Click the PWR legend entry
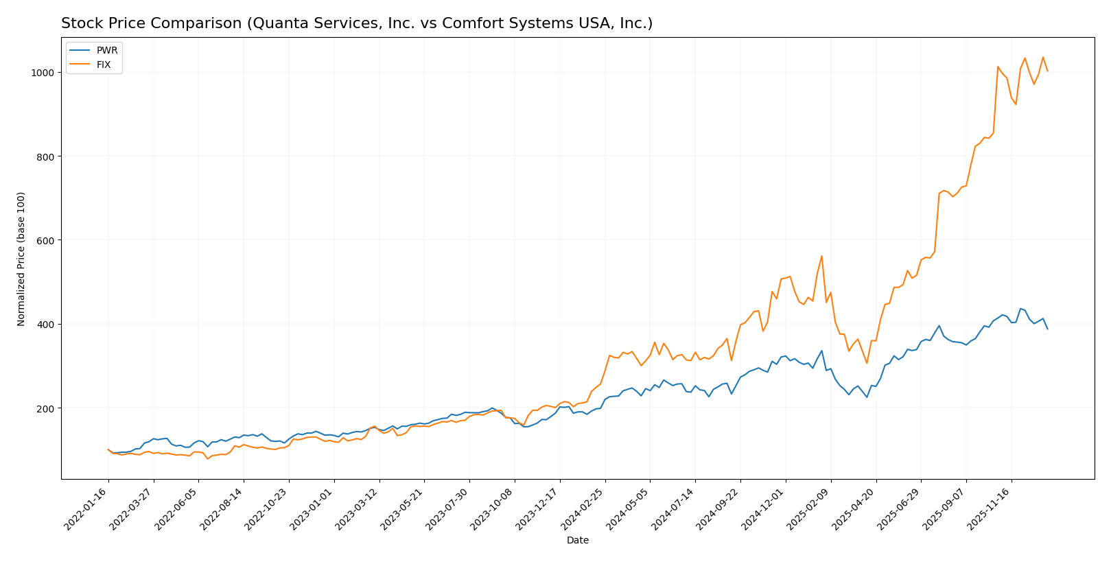[106, 51]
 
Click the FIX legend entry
[104, 66]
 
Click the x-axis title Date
[577, 541]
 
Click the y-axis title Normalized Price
[21, 259]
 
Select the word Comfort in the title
[468, 24]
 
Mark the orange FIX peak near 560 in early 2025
[821, 256]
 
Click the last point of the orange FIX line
[1047, 71]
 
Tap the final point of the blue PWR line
[1047, 329]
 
